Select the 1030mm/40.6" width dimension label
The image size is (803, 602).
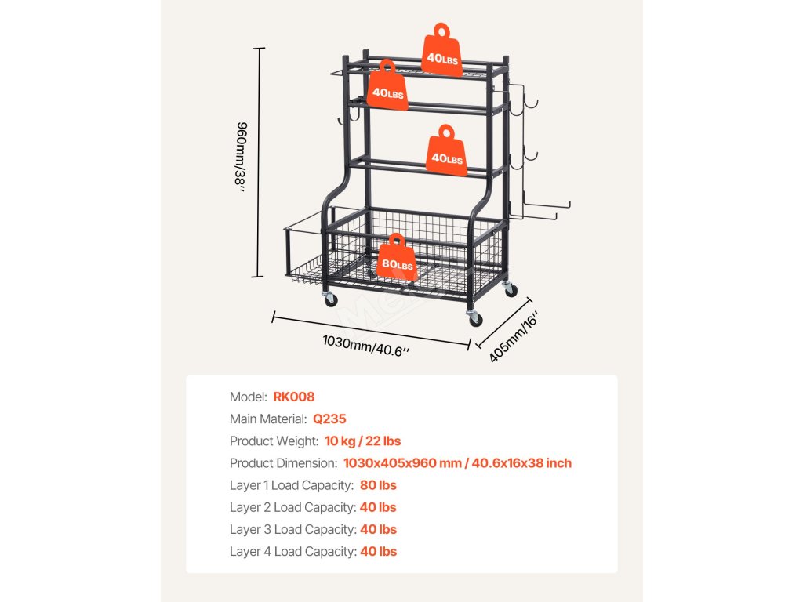(366, 346)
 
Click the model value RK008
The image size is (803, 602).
(294, 397)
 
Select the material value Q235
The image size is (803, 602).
(329, 419)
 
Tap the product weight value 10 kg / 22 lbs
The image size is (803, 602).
(362, 441)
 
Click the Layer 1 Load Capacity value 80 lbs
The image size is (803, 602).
(378, 485)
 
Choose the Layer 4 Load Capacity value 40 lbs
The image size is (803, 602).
(378, 551)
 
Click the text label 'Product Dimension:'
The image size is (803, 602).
(283, 463)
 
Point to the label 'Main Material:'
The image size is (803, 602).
(268, 419)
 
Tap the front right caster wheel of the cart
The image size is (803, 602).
(475, 317)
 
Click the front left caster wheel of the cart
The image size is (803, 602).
(329, 298)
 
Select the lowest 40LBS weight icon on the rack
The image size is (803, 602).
(445, 152)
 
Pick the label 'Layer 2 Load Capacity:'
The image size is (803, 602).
(292, 507)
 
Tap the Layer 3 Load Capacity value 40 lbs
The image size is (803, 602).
(378, 529)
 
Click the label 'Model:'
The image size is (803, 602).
(249, 397)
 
